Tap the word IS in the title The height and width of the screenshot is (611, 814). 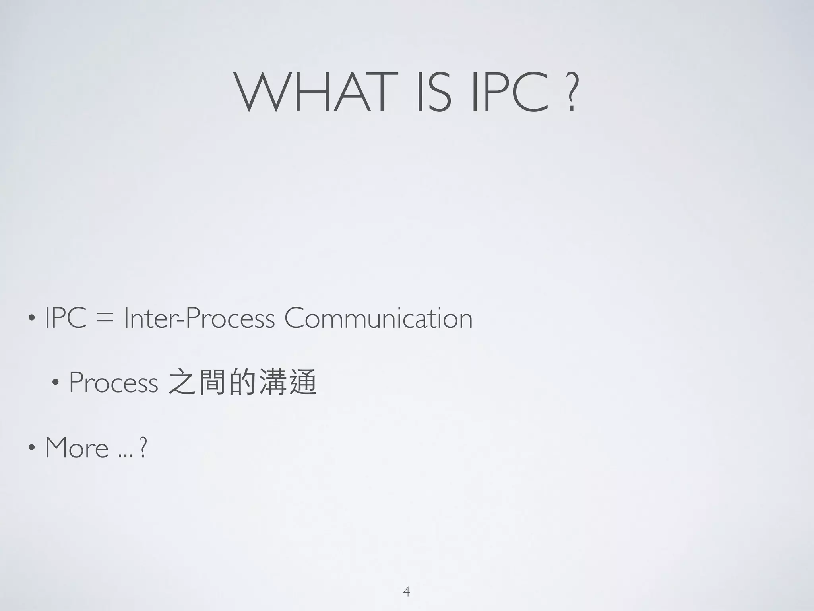[x=433, y=92]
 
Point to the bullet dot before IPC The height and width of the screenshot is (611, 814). [x=31, y=319]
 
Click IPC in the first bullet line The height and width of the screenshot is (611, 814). [x=66, y=319]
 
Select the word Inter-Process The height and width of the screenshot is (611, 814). [x=199, y=319]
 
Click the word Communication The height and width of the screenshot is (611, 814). [x=378, y=319]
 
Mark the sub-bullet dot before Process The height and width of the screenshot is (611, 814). [x=55, y=382]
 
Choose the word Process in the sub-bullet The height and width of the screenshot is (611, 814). [x=114, y=382]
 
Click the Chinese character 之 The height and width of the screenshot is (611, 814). [x=182, y=382]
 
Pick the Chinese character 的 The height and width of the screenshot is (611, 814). [x=242, y=382]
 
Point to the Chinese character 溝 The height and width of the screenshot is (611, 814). [x=272, y=382]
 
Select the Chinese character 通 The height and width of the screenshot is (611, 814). [x=302, y=382]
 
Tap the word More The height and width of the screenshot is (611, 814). [x=77, y=448]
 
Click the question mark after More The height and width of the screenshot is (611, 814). [x=143, y=448]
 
